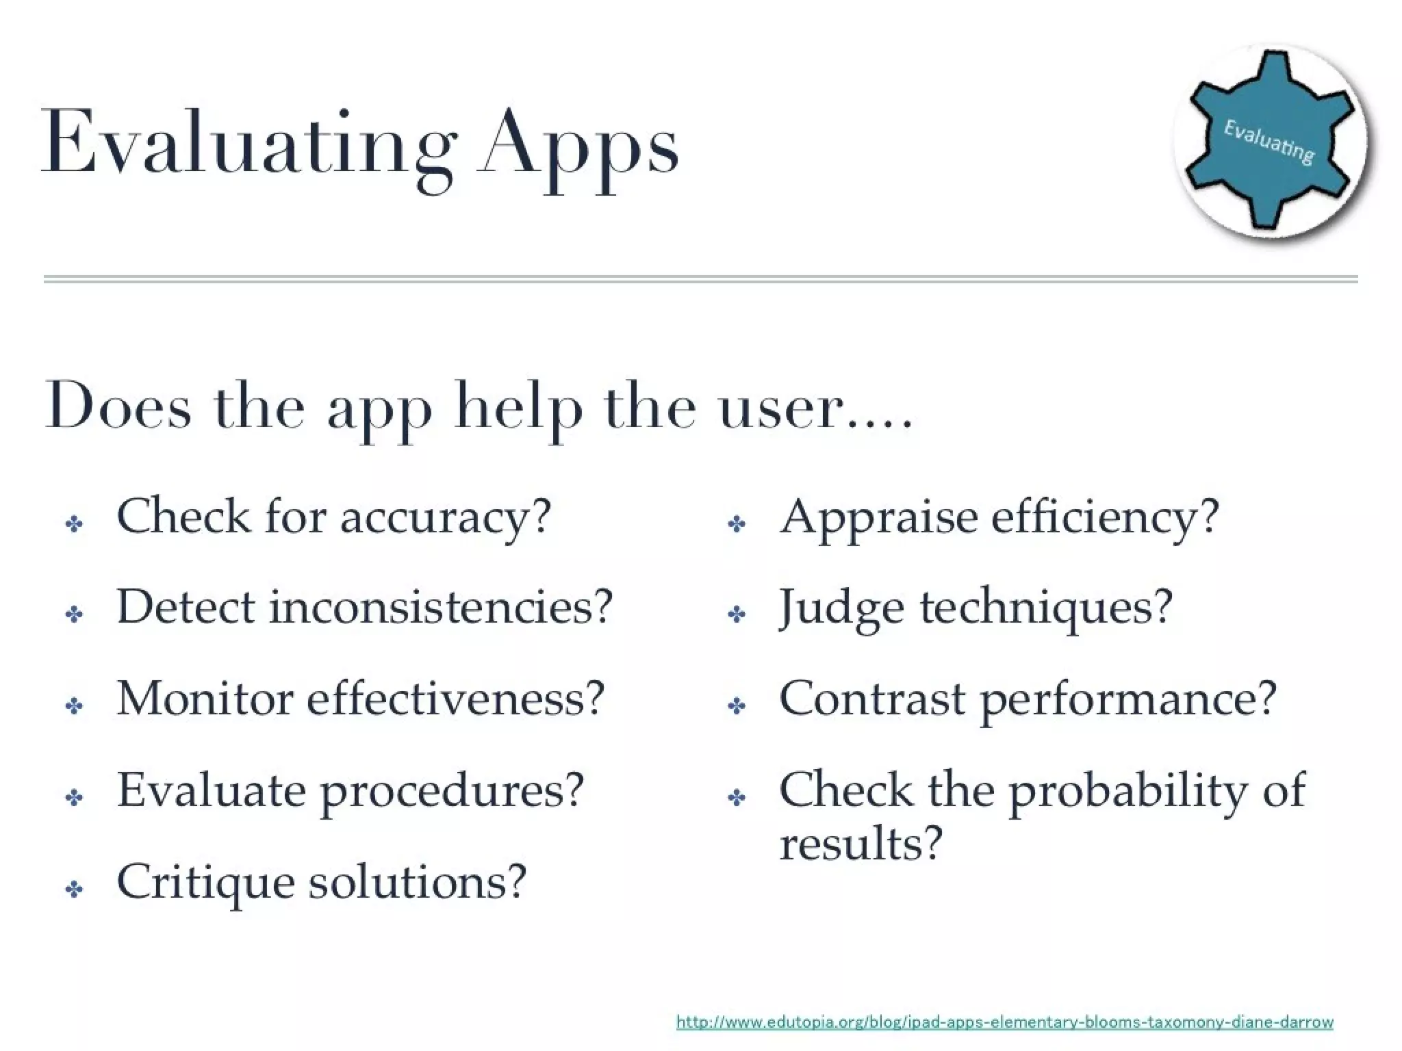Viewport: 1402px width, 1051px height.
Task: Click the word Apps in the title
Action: pyautogui.click(x=578, y=147)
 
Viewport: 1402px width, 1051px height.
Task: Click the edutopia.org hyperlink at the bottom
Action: pyautogui.click(x=1004, y=1022)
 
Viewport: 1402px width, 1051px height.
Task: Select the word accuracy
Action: pyautogui.click(x=445, y=517)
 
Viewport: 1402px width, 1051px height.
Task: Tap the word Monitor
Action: pyautogui.click(x=205, y=699)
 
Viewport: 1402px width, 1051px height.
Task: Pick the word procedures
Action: pyautogui.click(x=452, y=792)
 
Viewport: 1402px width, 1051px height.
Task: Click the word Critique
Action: pyautogui.click(x=205, y=883)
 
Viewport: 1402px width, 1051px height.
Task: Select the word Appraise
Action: pyautogui.click(x=878, y=518)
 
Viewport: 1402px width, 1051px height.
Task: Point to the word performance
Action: pyautogui.click(x=1130, y=700)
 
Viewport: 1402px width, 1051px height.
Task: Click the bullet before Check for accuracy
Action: pyautogui.click(x=74, y=525)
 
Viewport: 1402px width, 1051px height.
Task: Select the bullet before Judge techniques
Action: pyautogui.click(x=737, y=614)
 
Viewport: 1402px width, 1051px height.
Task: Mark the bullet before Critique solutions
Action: pyautogui.click(x=74, y=890)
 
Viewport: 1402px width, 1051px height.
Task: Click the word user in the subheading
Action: pyautogui.click(x=780, y=408)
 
